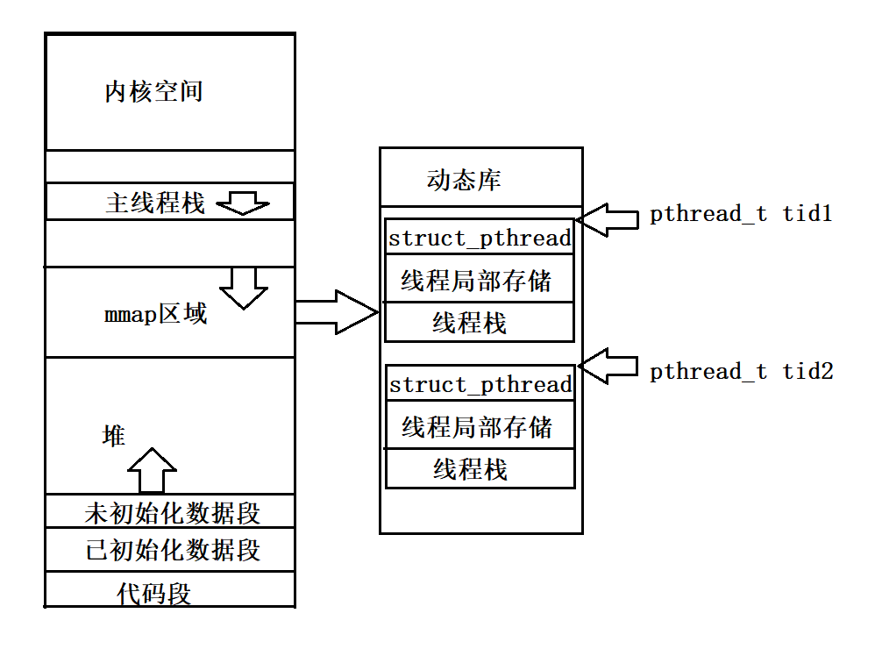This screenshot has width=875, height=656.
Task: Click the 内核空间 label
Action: coord(154,92)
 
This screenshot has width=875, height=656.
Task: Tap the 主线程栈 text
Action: coord(155,203)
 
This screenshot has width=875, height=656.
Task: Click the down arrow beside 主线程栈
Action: coord(243,204)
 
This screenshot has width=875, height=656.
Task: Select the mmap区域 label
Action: coord(155,314)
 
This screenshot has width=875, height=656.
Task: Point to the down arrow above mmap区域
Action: coord(243,287)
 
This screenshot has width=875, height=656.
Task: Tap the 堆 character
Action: coord(114,436)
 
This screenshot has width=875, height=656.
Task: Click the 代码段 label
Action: coord(154,594)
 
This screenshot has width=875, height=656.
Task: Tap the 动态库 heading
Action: coord(464,182)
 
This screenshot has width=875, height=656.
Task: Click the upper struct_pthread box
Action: coord(480,238)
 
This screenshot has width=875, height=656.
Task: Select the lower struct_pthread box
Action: coord(480,384)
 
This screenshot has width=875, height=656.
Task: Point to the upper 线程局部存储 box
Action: coord(477,281)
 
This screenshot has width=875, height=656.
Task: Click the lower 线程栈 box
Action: coord(471,470)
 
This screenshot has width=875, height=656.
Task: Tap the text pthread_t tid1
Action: coord(740,214)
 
